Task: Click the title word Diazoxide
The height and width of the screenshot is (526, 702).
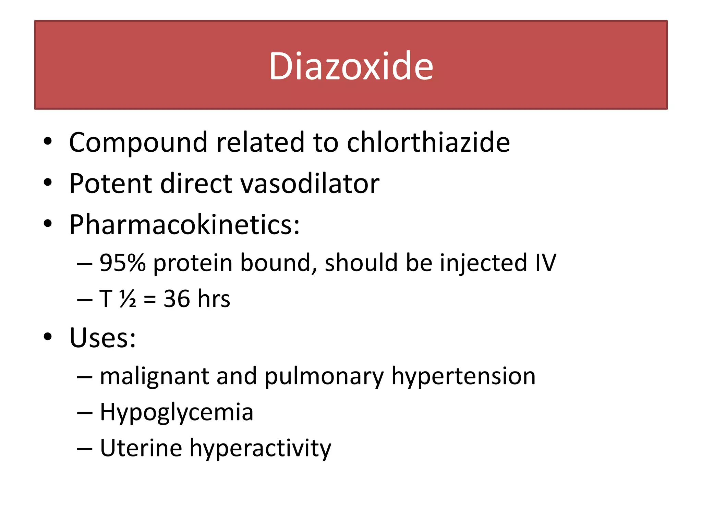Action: (x=351, y=66)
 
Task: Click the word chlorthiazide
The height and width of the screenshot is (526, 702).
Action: (x=428, y=142)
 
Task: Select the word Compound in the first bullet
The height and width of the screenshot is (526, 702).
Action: (x=138, y=143)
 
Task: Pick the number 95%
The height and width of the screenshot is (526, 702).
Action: (x=122, y=263)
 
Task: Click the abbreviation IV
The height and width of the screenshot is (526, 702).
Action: (x=545, y=263)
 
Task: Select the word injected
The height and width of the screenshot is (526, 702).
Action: (x=483, y=263)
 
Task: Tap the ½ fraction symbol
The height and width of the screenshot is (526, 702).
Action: (x=128, y=299)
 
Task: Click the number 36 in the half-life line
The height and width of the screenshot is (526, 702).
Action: (x=177, y=299)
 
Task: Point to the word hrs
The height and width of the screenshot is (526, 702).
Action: (x=214, y=299)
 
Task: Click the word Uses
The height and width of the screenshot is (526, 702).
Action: (x=102, y=338)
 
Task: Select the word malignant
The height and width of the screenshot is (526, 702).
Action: (x=154, y=376)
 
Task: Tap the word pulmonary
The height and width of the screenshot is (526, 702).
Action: (x=324, y=376)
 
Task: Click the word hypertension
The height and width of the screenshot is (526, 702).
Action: (x=463, y=376)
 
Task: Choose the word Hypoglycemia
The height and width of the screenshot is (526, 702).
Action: (x=177, y=412)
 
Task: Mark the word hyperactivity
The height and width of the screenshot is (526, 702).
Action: (x=260, y=448)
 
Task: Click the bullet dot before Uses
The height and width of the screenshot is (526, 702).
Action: (x=48, y=337)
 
